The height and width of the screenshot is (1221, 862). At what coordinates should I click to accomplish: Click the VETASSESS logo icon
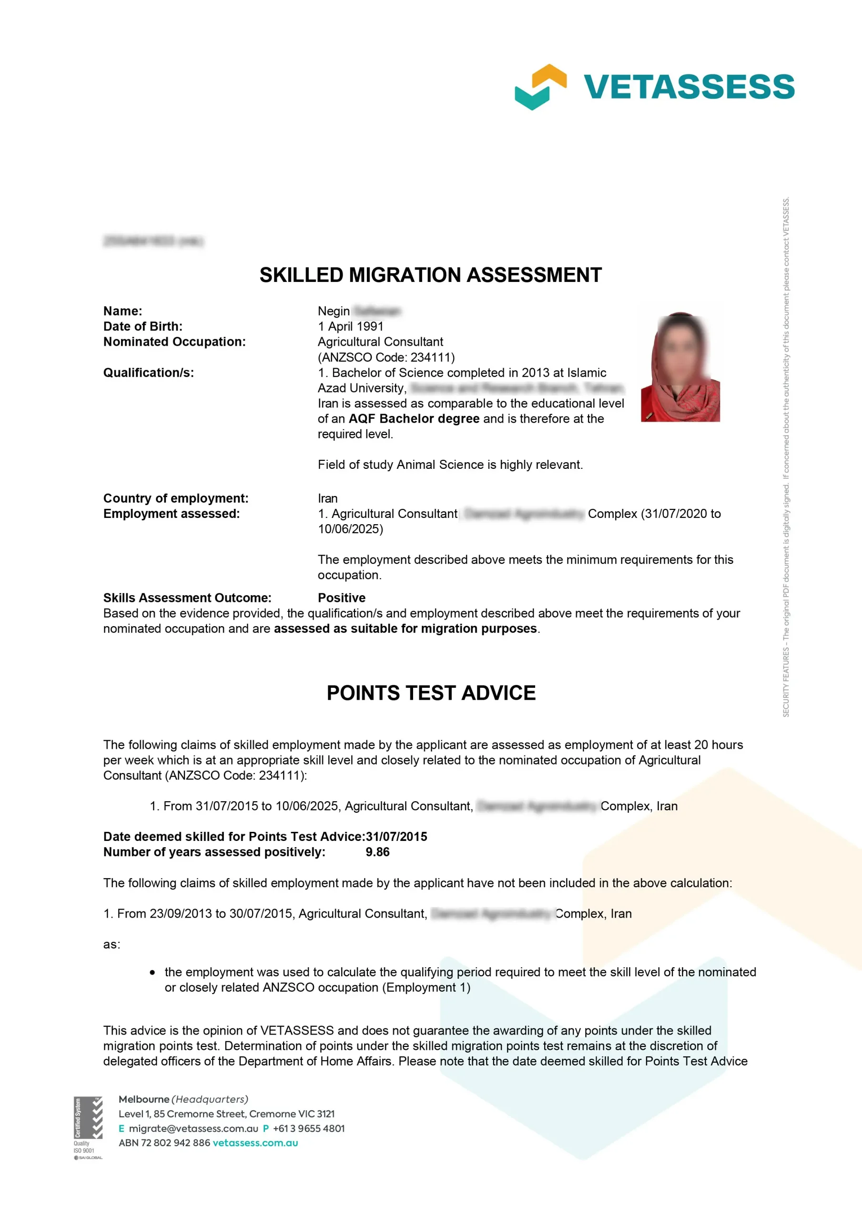[540, 87]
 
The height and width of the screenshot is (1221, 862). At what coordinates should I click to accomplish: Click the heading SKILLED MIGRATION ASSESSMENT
[430, 275]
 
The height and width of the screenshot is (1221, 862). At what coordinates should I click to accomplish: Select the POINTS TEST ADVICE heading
[431, 693]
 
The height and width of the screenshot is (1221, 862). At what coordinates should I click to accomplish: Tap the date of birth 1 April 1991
[350, 327]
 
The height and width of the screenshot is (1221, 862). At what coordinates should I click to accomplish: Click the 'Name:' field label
[123, 311]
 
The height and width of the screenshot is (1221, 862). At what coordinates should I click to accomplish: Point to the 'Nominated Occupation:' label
[174, 342]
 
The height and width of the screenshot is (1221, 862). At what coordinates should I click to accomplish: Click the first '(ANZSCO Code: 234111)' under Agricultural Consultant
[386, 357]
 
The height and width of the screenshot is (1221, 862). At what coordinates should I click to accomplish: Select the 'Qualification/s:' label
[148, 373]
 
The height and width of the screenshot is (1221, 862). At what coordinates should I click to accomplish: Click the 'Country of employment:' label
[175, 498]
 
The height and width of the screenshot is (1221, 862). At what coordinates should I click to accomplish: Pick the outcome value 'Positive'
[341, 598]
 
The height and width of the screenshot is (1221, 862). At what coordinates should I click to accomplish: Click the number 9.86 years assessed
[377, 852]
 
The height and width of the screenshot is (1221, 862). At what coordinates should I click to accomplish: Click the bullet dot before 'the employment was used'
[152, 973]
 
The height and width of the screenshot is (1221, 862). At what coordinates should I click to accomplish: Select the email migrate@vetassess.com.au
[193, 1128]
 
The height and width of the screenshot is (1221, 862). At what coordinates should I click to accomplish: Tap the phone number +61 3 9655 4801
[308, 1128]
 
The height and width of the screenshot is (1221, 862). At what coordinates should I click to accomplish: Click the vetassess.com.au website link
[255, 1143]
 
